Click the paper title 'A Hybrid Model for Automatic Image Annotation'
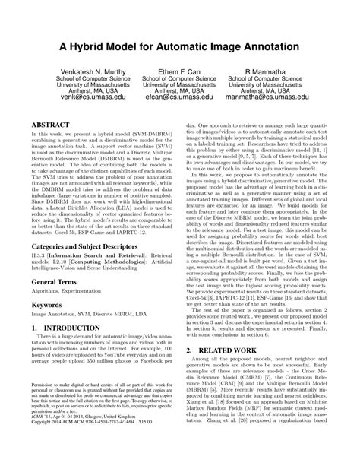[x=180, y=48]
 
